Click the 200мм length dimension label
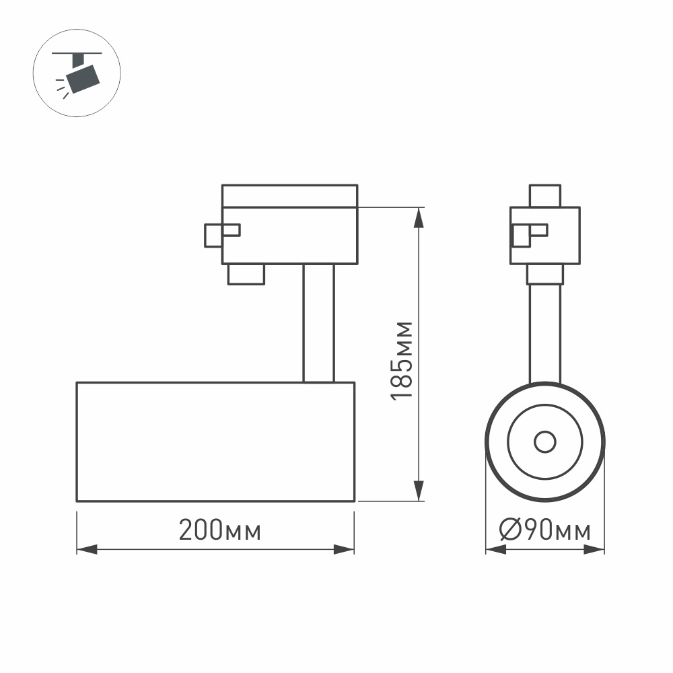click(x=220, y=531)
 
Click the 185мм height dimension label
click(x=403, y=360)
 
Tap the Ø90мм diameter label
click(x=545, y=531)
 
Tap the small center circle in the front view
click(x=544, y=442)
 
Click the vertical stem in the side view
click(x=318, y=323)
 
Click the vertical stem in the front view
click(x=544, y=333)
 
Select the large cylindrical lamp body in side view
click(x=215, y=441)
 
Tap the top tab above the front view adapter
click(x=545, y=196)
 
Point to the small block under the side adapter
click(x=246, y=275)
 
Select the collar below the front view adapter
click(x=544, y=275)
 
